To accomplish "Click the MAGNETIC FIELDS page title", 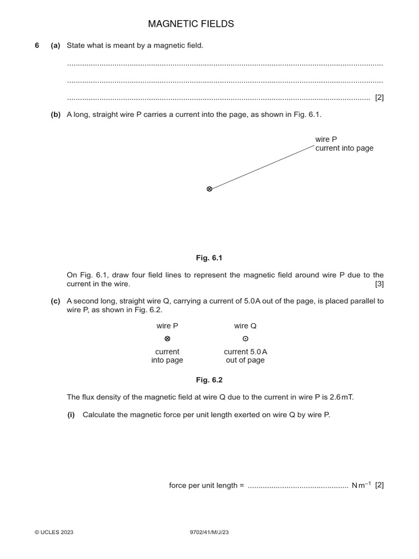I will point(191,24).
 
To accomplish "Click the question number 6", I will point(37,45).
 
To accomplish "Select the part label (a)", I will point(55,45).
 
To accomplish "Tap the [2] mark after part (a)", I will point(379,98).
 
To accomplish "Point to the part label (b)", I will point(55,115).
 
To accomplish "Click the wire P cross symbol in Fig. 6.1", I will point(209,189).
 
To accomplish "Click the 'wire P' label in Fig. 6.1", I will point(326,140).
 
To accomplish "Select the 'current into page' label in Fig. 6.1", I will point(344,148).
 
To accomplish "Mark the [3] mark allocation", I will point(379,284).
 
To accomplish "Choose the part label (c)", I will point(55,301).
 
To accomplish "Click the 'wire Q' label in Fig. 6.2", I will point(245,326).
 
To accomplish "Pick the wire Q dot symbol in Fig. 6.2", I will point(245,339).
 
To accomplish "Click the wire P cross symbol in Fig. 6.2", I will point(167,339).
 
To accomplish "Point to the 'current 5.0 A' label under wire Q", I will point(245,352).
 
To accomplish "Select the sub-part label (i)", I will point(71,415).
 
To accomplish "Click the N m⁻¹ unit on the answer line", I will point(361,485).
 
